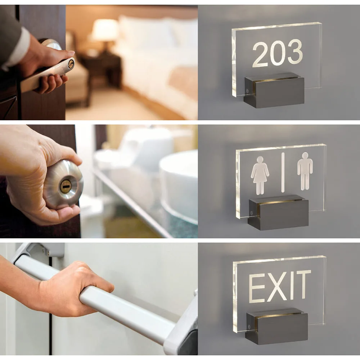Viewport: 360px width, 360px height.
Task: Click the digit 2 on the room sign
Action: coord(260,55)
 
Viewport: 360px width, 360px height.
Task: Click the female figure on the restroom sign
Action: coord(260,175)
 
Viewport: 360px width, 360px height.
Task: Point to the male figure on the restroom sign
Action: coord(305,171)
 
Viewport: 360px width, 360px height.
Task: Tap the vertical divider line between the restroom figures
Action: coord(283,172)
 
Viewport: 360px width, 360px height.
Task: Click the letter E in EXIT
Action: coord(256,288)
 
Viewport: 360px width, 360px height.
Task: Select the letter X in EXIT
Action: coord(277,287)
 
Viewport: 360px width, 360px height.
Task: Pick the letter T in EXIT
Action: coord(303,285)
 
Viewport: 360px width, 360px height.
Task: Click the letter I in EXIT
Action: coord(292,285)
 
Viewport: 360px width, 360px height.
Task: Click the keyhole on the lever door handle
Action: coord(71,64)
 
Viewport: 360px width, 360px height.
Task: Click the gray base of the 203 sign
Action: coord(274,90)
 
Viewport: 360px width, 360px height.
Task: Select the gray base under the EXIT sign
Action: coord(276,326)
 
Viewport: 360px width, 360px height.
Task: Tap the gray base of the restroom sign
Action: coord(278,212)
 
